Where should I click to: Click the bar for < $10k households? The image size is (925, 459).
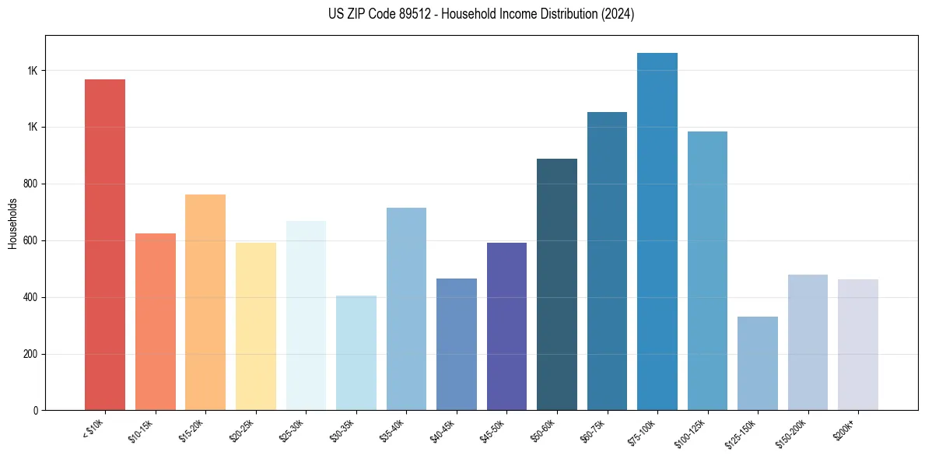click(x=105, y=244)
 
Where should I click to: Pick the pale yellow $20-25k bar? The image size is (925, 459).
click(x=255, y=326)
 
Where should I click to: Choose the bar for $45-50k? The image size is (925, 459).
click(x=506, y=326)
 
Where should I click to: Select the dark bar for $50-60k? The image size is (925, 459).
click(x=557, y=284)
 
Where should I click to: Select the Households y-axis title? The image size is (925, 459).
click(x=13, y=222)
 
